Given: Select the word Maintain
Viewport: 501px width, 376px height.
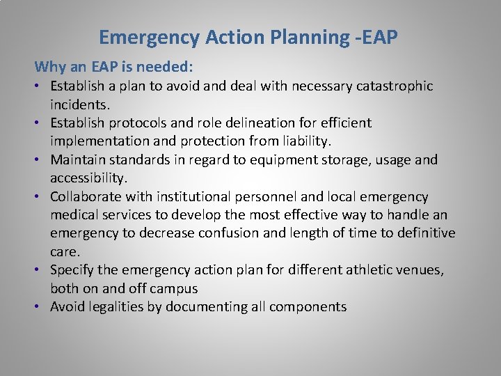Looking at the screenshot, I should coord(78,160).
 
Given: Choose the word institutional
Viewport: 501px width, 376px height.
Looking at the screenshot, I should coord(189,197).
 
